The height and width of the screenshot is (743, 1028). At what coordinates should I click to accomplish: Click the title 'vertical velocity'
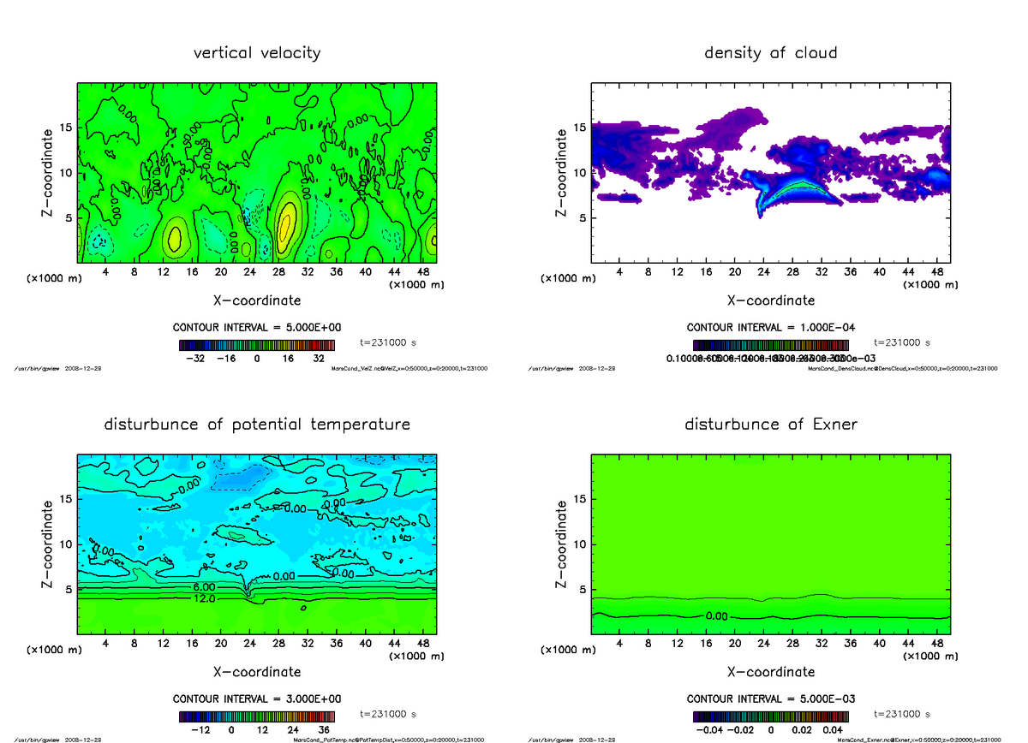point(257,53)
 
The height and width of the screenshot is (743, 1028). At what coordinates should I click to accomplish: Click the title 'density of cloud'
point(770,53)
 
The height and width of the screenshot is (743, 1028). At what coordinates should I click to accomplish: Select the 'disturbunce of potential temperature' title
point(257,425)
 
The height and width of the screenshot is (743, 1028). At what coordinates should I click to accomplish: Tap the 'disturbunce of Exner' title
point(770,425)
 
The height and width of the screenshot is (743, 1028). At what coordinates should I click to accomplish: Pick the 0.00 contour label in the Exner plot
point(717,615)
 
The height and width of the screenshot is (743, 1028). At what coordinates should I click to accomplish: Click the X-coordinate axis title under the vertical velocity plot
point(257,300)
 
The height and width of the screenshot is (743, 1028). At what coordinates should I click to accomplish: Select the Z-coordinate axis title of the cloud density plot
point(562,172)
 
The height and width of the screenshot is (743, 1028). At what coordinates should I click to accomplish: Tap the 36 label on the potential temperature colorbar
point(324,730)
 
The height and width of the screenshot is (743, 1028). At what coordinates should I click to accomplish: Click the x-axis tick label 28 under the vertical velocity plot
point(278,272)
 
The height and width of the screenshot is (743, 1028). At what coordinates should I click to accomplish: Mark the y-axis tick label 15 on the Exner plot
point(579,499)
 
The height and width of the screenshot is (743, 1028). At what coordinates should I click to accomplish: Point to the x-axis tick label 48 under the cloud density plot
point(937,272)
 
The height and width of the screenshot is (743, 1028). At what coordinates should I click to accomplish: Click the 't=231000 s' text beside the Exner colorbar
point(902,714)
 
